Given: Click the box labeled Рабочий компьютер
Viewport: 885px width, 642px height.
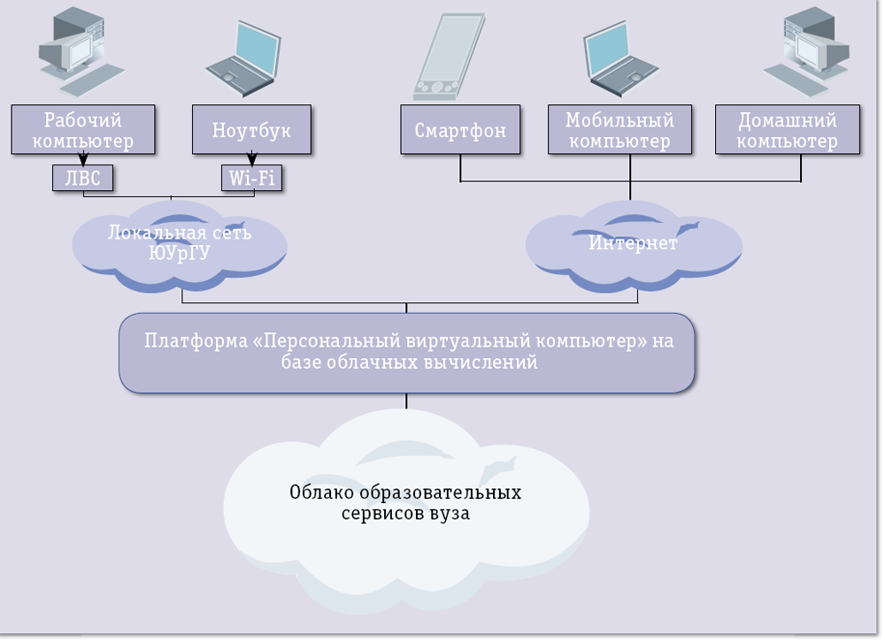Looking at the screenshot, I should click(x=83, y=130).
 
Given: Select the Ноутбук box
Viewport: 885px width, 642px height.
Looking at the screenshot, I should click(x=250, y=130).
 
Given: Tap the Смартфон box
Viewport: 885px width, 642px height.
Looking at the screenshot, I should click(x=460, y=131).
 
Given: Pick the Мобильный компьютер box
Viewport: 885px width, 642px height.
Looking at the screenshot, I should click(x=619, y=131).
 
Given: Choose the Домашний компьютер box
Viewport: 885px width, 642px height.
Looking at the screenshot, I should click(x=787, y=131).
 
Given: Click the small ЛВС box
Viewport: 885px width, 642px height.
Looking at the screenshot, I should click(x=83, y=179).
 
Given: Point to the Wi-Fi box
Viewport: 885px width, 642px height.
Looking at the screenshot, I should click(x=251, y=179).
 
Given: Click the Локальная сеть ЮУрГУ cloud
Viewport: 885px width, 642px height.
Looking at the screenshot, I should click(x=180, y=243).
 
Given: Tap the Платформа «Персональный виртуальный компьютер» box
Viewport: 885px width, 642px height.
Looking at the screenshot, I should click(x=407, y=352).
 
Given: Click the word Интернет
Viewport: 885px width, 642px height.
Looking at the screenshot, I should click(x=634, y=243).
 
